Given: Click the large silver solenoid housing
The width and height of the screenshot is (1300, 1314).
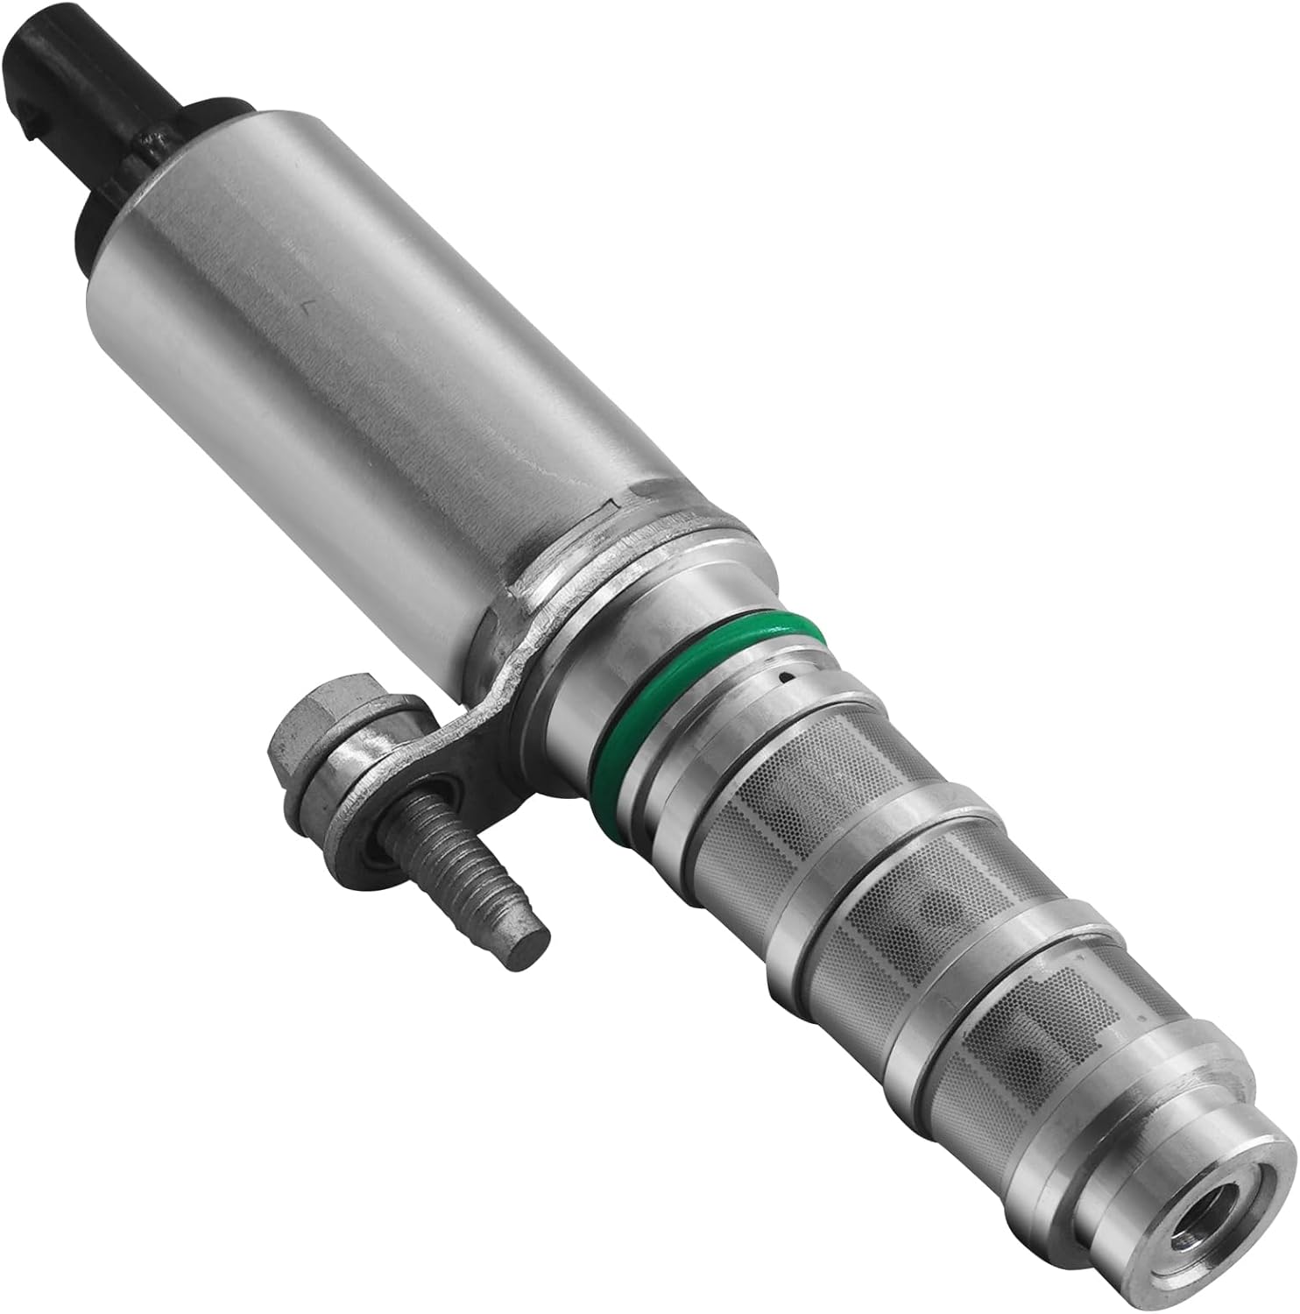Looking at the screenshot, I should coord(350,350).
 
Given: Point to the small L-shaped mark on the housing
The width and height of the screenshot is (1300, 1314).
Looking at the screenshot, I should coord(307,307).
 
